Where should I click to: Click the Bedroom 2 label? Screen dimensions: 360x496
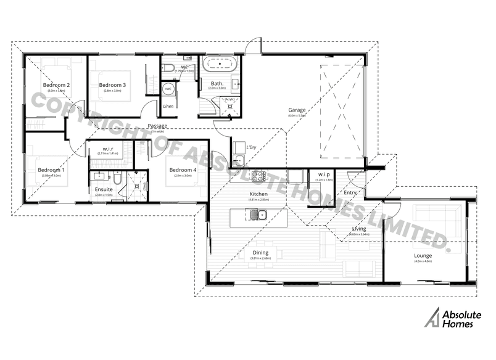point(56,85)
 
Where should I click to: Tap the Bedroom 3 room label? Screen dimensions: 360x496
point(112,85)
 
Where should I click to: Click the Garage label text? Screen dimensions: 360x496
point(297,110)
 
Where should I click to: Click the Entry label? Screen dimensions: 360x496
point(350,193)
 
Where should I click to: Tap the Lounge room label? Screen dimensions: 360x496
point(423,255)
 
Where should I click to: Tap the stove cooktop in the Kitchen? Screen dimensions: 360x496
point(256,176)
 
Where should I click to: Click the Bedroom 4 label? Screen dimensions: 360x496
point(183,170)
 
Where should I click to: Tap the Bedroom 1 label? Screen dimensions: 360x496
point(51,170)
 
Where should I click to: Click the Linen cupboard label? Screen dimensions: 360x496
point(168,106)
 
